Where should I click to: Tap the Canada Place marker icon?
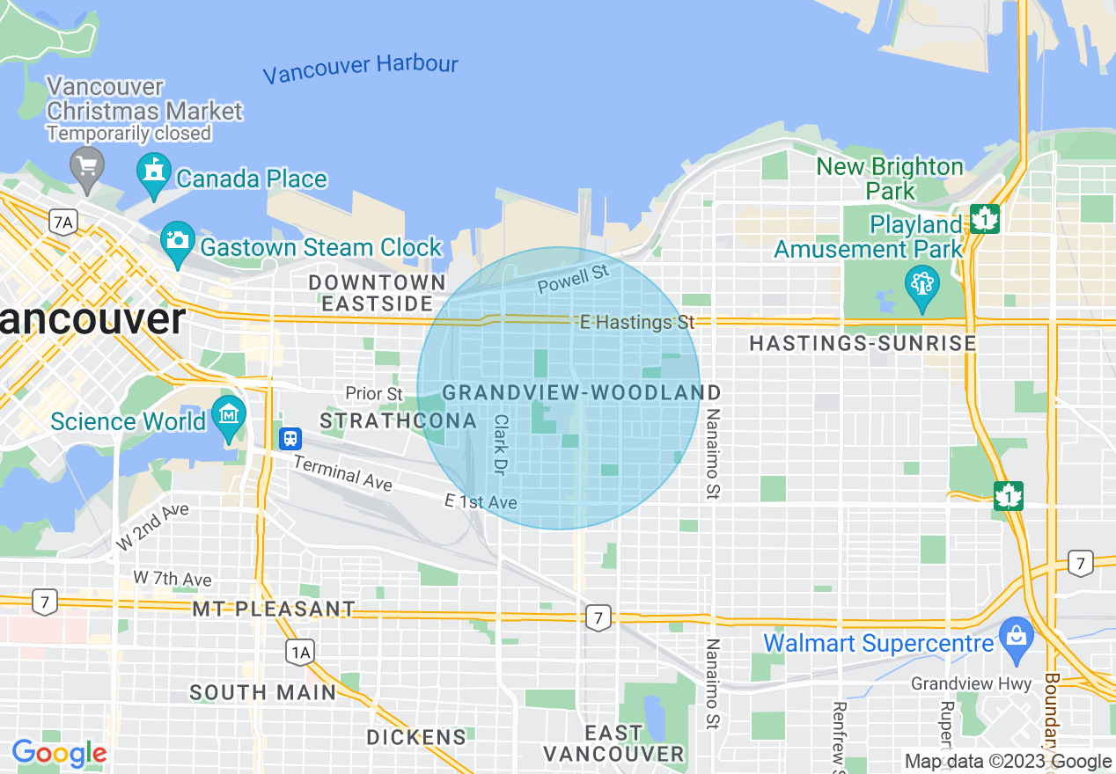pos(154,175)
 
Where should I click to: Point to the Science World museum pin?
pos(229,417)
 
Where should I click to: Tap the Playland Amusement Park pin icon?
pos(921,287)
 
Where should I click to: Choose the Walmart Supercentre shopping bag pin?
pos(1017,639)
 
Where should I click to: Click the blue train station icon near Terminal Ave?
pos(290,437)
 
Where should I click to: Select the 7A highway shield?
pos(62,223)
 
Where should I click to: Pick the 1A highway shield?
pos(300,652)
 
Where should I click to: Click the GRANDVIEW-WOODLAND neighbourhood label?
pos(581,392)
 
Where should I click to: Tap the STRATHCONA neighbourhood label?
pos(398,421)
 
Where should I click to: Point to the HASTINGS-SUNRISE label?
pos(863,343)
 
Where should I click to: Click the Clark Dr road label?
pos(500,445)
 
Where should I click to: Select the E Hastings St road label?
pos(637,323)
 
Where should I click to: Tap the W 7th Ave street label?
pos(173,579)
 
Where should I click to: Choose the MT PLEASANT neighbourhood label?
pos(274,609)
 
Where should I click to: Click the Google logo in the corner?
pos(59,754)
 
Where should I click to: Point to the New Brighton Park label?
pos(890,178)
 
